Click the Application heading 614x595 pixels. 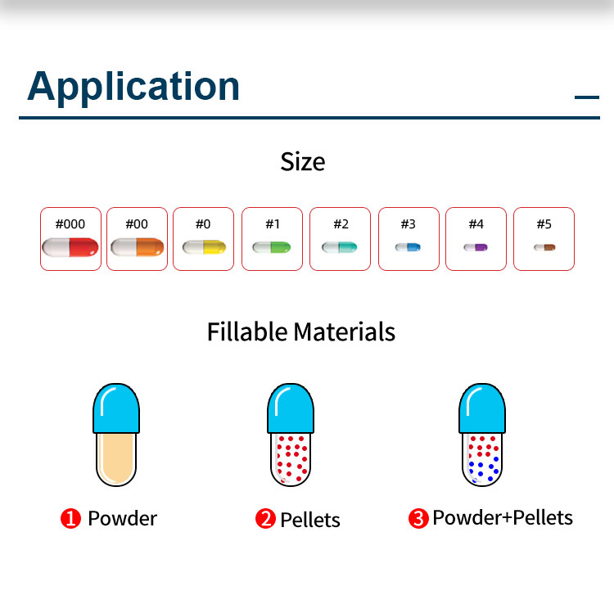click(133, 87)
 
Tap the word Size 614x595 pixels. click(303, 162)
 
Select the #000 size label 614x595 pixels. click(70, 224)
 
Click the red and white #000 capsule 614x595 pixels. click(70, 247)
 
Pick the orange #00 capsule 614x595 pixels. click(137, 247)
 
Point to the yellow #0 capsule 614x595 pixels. click(204, 247)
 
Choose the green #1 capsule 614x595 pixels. click(272, 247)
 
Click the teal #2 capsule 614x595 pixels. click(340, 247)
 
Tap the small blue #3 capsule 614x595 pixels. click(408, 247)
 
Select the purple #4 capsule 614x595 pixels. click(476, 247)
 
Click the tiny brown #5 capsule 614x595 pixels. click(544, 247)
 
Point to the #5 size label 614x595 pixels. click(544, 224)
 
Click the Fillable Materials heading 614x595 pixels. click(301, 332)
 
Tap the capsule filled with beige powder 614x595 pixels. click(116, 435)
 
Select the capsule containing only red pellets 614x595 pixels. click(291, 435)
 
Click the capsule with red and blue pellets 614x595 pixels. click(482, 435)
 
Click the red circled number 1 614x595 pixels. click(70, 518)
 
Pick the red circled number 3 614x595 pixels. click(418, 518)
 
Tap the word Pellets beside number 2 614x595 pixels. click(310, 520)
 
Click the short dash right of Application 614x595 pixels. click(587, 97)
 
